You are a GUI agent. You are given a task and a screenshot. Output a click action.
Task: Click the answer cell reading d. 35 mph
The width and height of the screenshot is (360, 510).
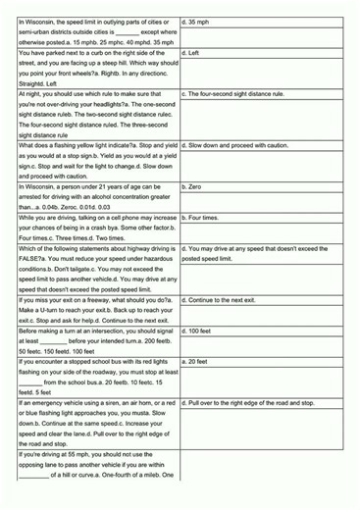click(195, 20)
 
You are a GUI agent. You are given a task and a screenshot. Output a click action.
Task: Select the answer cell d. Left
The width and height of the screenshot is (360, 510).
click(192, 53)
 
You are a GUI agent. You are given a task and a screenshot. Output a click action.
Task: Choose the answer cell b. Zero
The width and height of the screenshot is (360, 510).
click(193, 186)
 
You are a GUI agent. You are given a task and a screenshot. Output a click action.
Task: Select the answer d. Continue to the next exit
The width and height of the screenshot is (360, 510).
click(228, 300)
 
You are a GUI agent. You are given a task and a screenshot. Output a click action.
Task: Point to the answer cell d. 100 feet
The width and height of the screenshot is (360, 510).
click(197, 331)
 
